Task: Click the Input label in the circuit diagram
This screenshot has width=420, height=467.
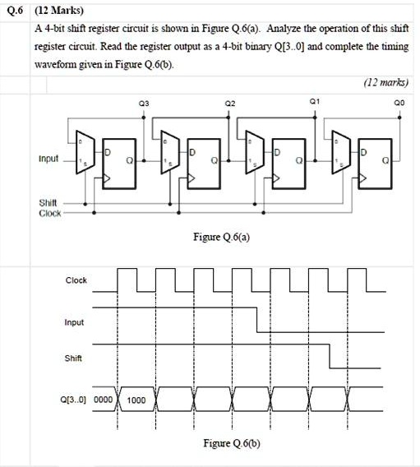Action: tap(47, 159)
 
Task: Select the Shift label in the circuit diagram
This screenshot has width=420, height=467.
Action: tap(48, 202)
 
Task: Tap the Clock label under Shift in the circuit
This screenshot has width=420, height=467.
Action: tap(49, 213)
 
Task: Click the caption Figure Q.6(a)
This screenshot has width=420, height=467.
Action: tap(221, 237)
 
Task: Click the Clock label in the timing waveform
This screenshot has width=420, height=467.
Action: tap(76, 280)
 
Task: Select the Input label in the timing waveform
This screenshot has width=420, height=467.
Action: tap(74, 322)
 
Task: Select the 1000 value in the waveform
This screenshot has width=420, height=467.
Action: tap(136, 400)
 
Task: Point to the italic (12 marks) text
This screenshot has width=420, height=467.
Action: tap(385, 82)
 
